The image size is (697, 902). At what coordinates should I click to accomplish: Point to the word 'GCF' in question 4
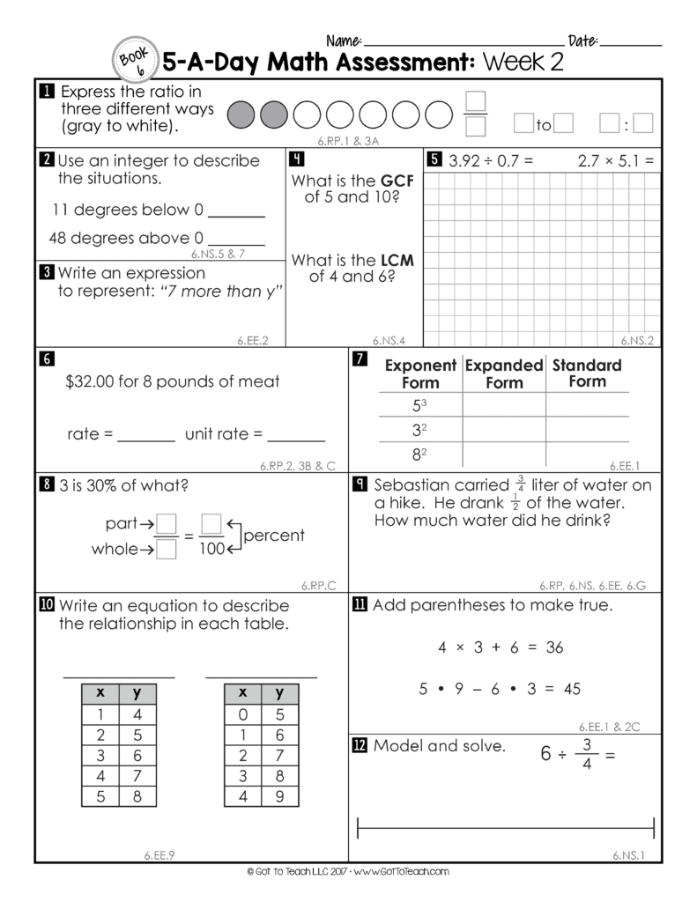[397, 181]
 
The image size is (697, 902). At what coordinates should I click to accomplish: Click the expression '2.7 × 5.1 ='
[616, 161]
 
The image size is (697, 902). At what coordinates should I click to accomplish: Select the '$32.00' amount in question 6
[90, 381]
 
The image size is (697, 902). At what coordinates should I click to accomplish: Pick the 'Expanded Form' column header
[504, 373]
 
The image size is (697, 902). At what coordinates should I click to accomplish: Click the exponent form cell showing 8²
[420, 455]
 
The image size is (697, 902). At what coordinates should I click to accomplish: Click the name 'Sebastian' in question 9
[413, 485]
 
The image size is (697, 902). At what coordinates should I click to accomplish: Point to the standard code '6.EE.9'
[159, 854]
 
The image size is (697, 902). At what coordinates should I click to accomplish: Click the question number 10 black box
[47, 605]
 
